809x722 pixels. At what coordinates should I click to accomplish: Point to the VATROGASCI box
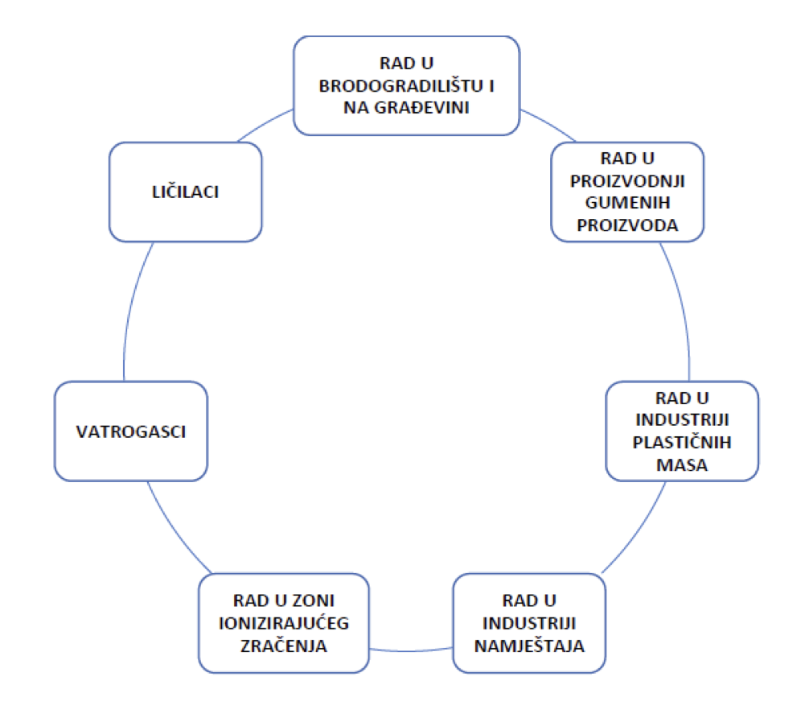pyautogui.click(x=131, y=431)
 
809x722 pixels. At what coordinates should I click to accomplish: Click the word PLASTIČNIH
pyautogui.click(x=682, y=442)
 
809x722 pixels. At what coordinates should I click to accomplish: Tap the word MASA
pyautogui.click(x=682, y=464)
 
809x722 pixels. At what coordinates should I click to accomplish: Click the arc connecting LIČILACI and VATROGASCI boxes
pyautogui.click(x=133, y=310)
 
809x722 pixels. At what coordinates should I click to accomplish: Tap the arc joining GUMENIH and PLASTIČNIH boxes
pyautogui.click(x=680, y=310)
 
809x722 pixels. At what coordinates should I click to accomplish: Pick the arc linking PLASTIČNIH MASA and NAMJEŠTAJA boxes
pyautogui.click(x=639, y=531)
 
